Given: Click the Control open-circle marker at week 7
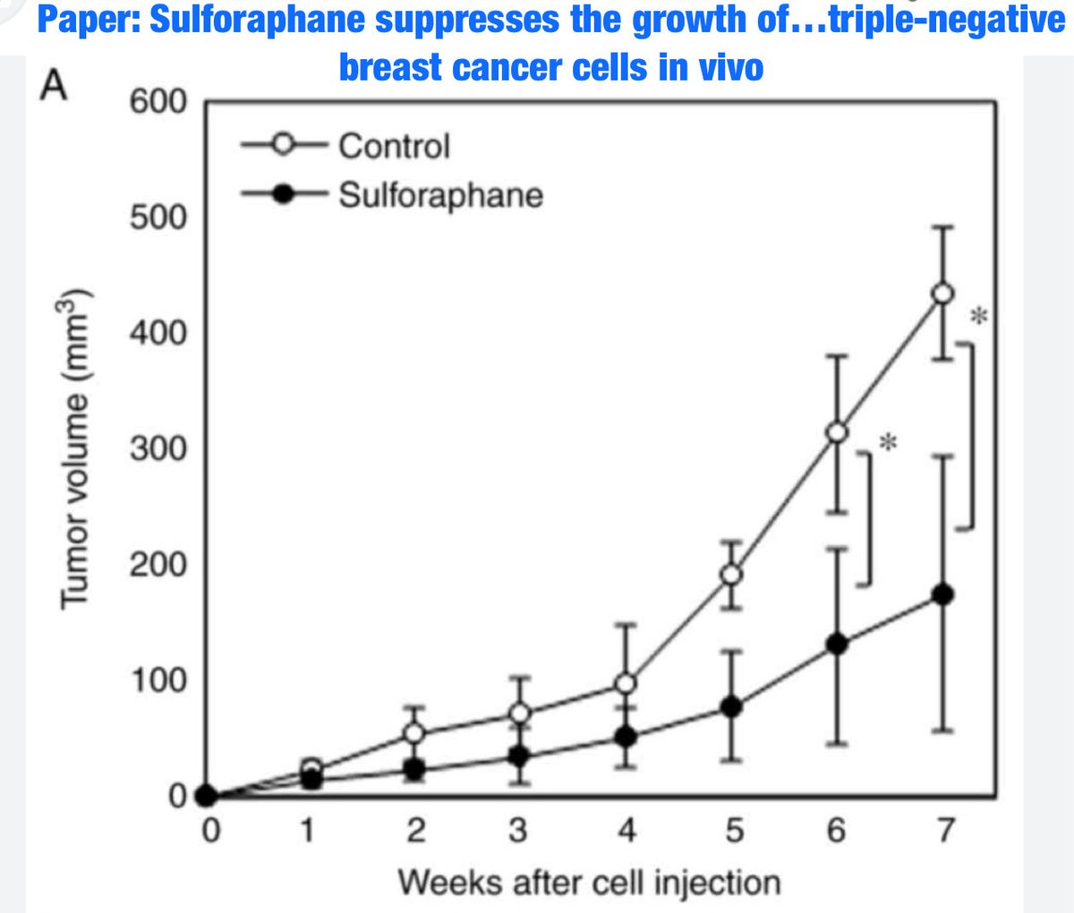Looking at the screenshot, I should pos(942,294).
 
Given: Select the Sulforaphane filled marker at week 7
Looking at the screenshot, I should pos(942,594).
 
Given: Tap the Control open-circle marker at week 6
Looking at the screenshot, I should pos(836,432).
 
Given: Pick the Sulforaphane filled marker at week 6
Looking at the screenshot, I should pos(836,644).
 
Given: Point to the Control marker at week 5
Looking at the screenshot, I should pos(731,574).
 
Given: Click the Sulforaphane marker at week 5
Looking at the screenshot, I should pos(731,706).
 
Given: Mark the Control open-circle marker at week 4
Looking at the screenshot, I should pos(626,684).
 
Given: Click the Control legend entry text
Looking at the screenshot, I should pos(394,146).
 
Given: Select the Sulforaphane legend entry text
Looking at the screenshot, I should pos(440,194).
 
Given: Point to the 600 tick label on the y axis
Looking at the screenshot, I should pos(158,102).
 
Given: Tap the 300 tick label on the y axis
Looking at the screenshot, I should pos(158,448).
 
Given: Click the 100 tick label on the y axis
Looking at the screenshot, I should pos(158,680).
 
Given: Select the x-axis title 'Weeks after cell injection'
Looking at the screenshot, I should pos(589,883).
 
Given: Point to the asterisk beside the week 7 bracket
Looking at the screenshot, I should pos(981,316).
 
